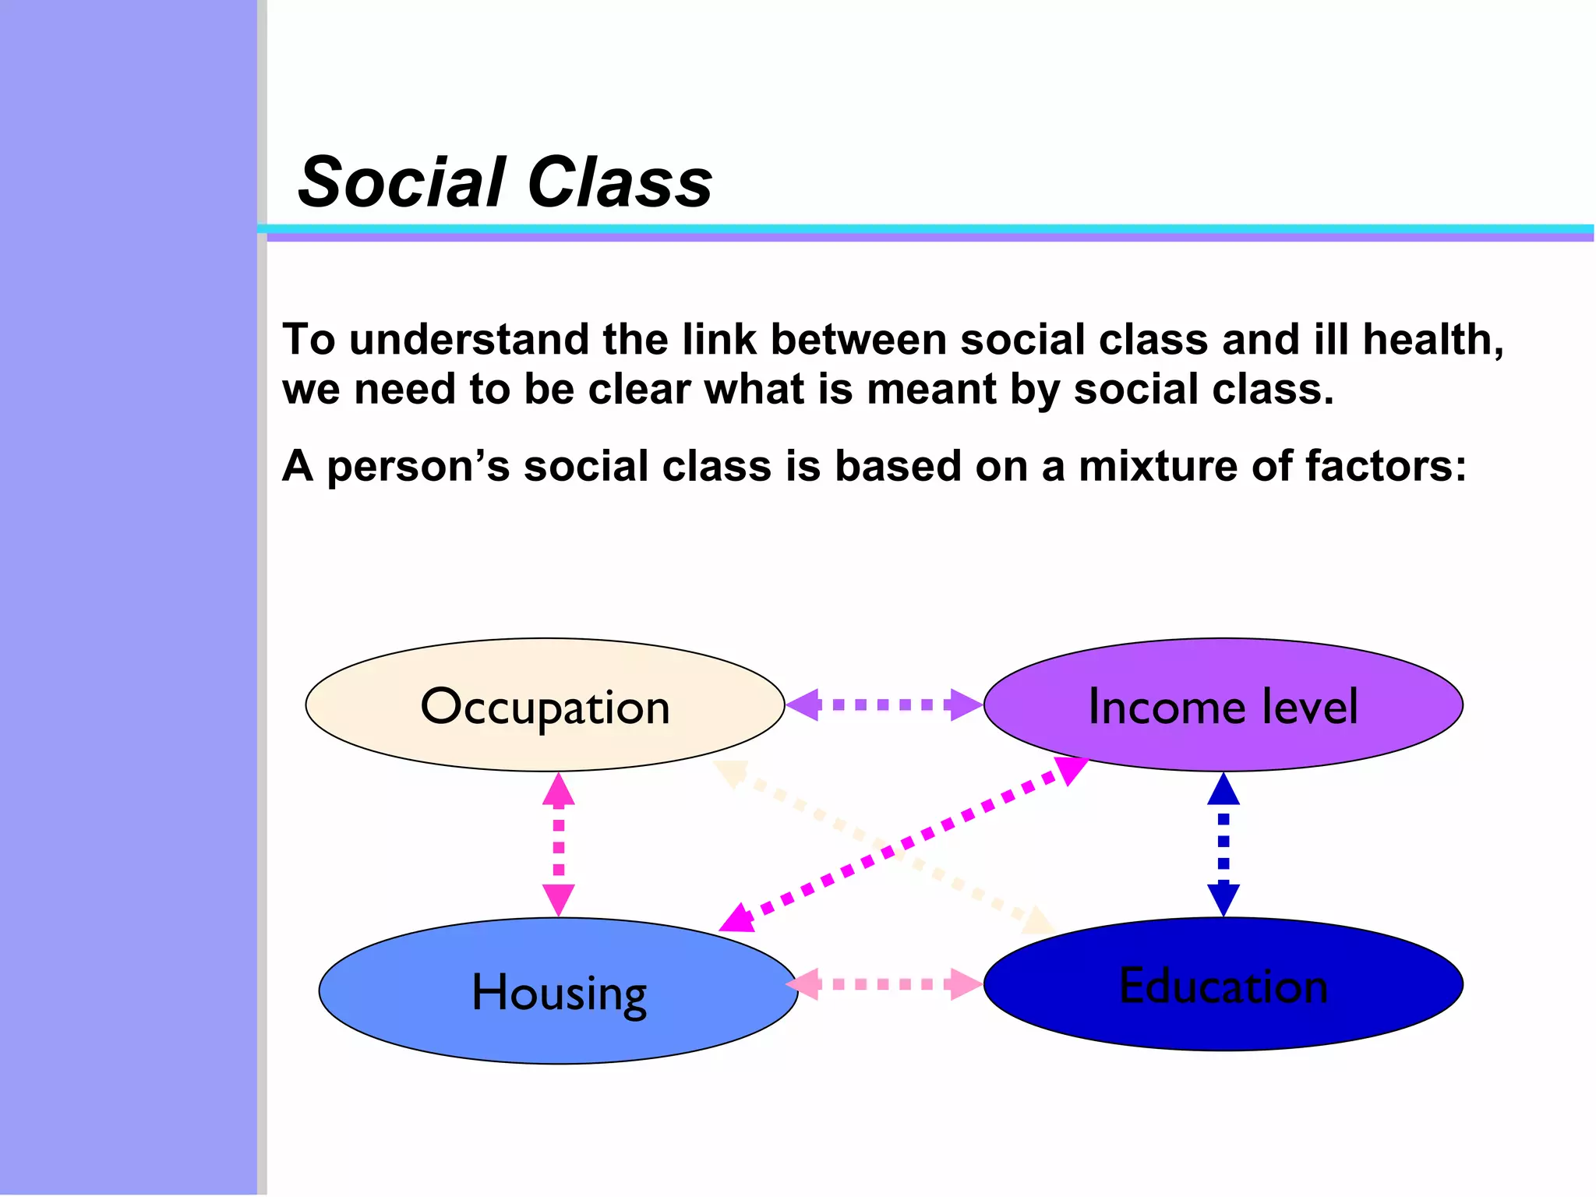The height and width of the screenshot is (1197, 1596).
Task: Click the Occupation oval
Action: click(x=545, y=705)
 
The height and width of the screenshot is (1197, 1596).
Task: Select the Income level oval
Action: click(x=1223, y=705)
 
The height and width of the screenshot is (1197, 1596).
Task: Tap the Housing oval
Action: click(x=558, y=991)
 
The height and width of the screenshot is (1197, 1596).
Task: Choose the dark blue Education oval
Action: click(x=1223, y=984)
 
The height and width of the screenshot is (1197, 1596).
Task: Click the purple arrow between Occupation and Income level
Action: click(x=884, y=704)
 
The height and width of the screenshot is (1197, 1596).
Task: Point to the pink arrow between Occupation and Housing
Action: click(x=558, y=845)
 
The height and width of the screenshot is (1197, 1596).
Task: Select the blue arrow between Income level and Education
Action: click(x=1223, y=845)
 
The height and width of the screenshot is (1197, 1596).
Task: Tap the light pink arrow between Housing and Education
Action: click(x=884, y=984)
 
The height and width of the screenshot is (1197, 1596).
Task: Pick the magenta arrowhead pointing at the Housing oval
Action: click(x=737, y=920)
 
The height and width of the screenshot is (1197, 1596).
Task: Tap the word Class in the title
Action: click(x=620, y=182)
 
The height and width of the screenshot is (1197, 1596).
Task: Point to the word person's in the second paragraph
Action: click(x=418, y=466)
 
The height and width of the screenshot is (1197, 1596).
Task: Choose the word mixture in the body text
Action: click(x=1158, y=466)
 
